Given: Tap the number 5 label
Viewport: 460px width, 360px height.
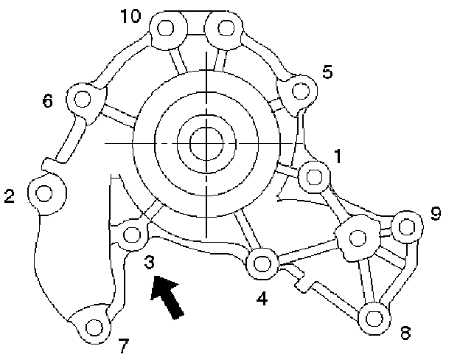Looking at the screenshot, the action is pyautogui.click(x=327, y=72).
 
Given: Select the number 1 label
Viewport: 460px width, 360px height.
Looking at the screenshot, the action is pyautogui.click(x=338, y=156).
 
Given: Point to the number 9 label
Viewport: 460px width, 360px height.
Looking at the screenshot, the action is pyautogui.click(x=435, y=214).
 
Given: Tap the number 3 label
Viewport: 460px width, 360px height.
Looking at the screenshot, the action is pyautogui.click(x=149, y=262).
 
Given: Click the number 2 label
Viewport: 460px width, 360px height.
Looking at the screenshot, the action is pyautogui.click(x=10, y=195).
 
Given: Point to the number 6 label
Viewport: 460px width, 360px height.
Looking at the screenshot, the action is pyautogui.click(x=48, y=101).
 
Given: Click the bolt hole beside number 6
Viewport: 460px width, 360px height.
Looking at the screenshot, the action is pyautogui.click(x=83, y=98).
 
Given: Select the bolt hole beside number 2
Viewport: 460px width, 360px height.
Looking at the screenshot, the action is pyautogui.click(x=44, y=194).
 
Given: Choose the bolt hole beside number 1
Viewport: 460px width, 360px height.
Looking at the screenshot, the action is pyautogui.click(x=313, y=176).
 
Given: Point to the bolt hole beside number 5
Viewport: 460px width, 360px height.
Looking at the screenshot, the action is pyautogui.click(x=300, y=90).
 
